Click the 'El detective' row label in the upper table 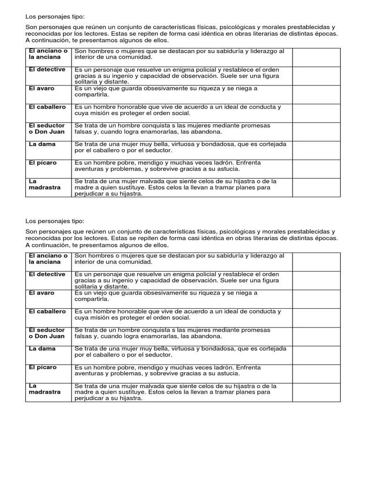pyautogui.click(x=47, y=70)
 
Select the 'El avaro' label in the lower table pyautogui.click(x=41, y=293)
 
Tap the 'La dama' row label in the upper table pyautogui.click(x=42, y=144)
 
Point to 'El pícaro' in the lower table pyautogui.click(x=42, y=367)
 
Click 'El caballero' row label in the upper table pyautogui.click(x=47, y=107)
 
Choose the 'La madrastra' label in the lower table pyautogui.click(x=44, y=389)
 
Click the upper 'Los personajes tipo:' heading pyautogui.click(x=54, y=16)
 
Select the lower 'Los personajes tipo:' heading pyautogui.click(x=54, y=221)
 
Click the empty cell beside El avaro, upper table pyautogui.click(x=316, y=94)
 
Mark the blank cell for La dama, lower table pyautogui.click(x=316, y=355)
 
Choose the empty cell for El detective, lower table pyautogui.click(x=316, y=281)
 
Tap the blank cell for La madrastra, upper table pyautogui.click(x=316, y=187)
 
